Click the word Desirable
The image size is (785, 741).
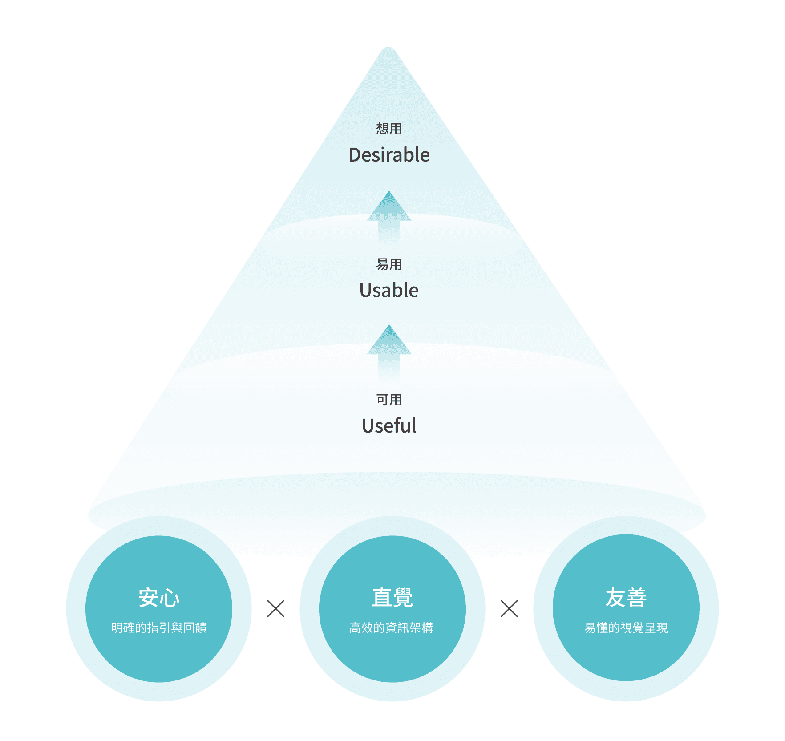(389, 155)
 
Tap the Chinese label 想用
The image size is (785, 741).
(389, 129)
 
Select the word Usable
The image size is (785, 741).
(389, 290)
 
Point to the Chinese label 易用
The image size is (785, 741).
(389, 264)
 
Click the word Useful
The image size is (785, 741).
(389, 426)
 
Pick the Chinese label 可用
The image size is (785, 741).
(389, 400)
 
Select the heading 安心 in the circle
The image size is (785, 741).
(159, 597)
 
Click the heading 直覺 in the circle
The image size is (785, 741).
(392, 597)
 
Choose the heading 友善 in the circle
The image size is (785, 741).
(626, 597)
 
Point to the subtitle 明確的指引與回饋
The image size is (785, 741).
(159, 628)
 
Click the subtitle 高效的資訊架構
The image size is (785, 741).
(391, 628)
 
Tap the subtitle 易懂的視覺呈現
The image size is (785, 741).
(626, 628)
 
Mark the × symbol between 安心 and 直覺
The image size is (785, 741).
(275, 608)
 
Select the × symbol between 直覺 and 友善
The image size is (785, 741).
(509, 608)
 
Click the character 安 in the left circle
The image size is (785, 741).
(148, 597)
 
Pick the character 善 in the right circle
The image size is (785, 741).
(637, 597)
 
